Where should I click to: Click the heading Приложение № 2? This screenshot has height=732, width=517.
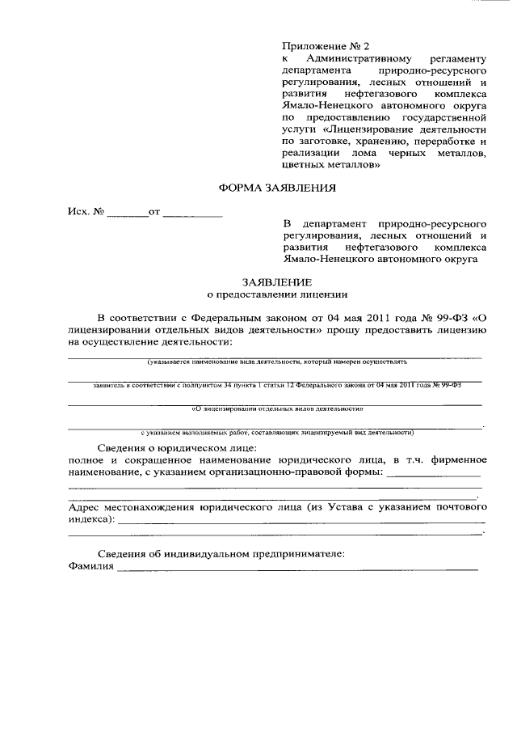[x=319, y=45]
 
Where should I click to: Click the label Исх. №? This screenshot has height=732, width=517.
[x=86, y=214]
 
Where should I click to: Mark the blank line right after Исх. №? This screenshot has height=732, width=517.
[x=128, y=215]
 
